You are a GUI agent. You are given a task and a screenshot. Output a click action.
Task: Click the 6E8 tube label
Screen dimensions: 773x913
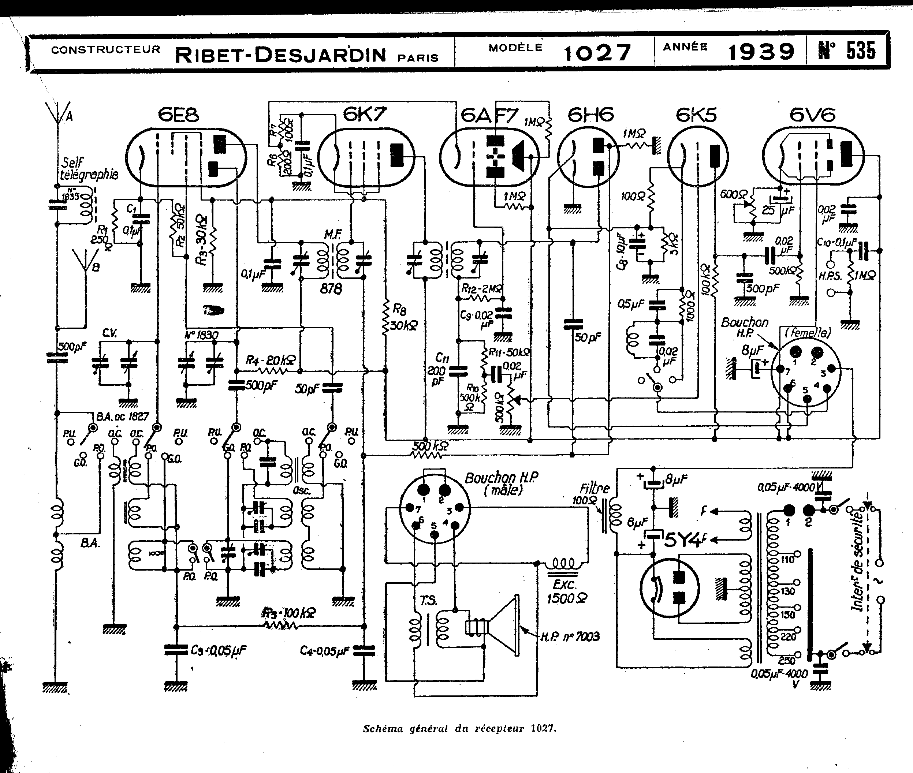click(x=178, y=115)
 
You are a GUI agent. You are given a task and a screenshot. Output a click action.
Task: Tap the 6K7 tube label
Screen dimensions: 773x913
click(x=365, y=115)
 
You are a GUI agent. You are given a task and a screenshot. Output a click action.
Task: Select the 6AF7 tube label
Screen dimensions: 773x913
click(x=489, y=116)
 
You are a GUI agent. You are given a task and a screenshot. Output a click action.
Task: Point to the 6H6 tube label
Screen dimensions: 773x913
click(x=590, y=115)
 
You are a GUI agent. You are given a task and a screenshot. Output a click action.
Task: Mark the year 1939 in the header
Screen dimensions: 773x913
click(x=761, y=52)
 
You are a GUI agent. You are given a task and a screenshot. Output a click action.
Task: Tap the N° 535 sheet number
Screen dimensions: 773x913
click(x=846, y=51)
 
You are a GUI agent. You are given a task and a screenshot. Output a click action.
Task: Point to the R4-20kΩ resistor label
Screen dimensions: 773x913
click(x=270, y=360)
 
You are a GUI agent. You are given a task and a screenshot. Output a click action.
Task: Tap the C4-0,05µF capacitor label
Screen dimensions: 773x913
click(x=324, y=651)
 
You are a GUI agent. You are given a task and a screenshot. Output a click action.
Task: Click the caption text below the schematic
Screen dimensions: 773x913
click(x=459, y=728)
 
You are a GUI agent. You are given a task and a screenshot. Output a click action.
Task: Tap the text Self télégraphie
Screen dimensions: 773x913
click(x=89, y=169)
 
